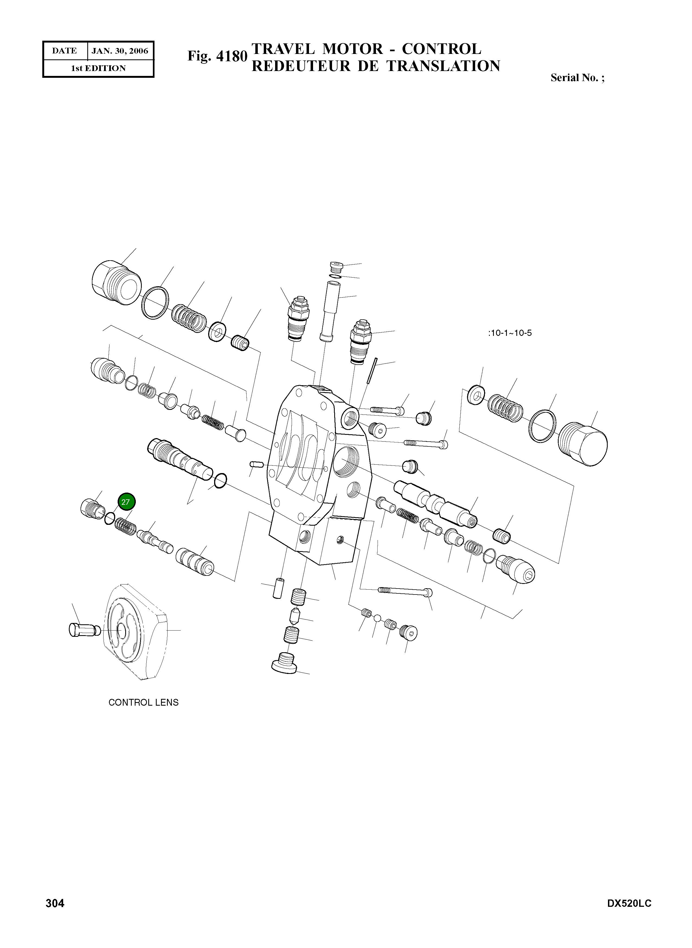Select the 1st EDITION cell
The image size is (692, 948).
point(98,68)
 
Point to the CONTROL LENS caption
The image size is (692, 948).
point(143,702)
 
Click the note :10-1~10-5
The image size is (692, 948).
point(510,333)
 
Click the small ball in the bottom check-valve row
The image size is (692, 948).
point(377,618)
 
